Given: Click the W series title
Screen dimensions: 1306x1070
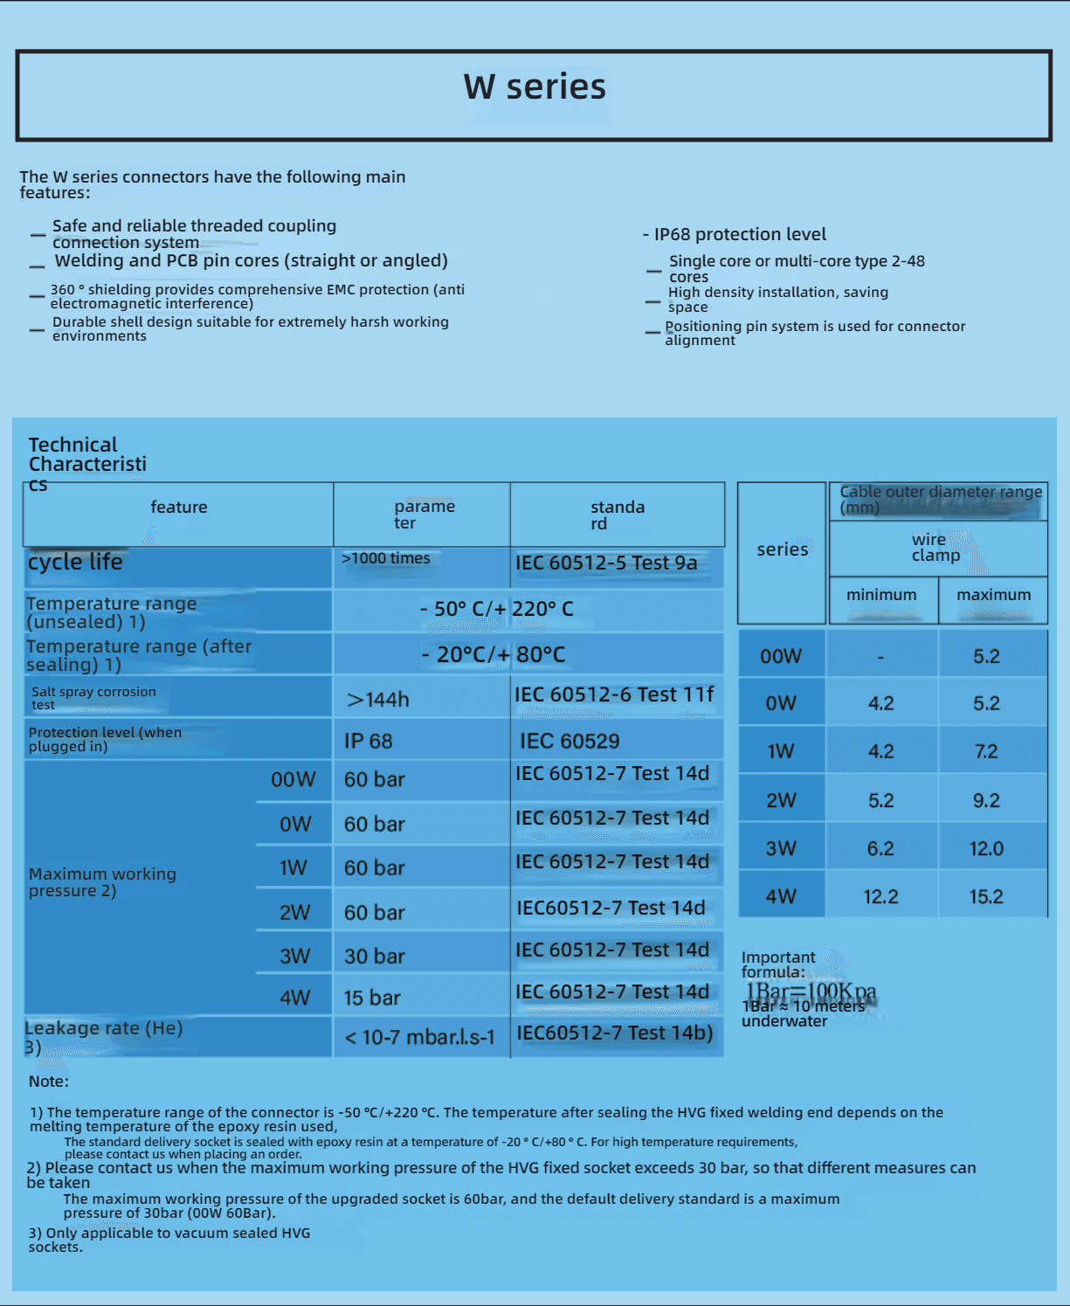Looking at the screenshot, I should pos(535,87).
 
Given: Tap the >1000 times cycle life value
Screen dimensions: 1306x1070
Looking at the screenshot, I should pos(386,558).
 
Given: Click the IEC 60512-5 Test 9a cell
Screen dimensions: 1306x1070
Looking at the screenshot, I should pos(606,563).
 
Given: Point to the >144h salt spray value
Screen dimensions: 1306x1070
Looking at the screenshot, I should pos(377,700).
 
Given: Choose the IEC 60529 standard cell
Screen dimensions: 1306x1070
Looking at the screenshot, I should pos(570,742).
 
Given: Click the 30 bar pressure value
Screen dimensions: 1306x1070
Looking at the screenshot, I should pos(374,957).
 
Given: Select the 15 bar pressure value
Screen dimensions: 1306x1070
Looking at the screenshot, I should pos(372,998).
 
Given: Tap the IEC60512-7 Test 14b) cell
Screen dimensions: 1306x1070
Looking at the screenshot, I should pos(615,1033).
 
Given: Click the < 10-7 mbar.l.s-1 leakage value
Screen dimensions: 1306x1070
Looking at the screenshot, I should pos(419,1038).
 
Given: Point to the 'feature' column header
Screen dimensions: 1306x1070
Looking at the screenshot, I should pos(179,508).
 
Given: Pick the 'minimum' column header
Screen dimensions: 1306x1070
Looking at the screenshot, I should pos(881,595).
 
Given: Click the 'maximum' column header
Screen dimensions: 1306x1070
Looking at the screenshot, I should pos(993,595).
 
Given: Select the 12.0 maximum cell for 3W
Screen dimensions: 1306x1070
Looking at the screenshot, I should pos(986,849).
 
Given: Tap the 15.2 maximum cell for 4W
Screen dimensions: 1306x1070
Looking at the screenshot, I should pos(986,897).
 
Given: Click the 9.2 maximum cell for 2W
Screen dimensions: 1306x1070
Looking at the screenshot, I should pos(986,801).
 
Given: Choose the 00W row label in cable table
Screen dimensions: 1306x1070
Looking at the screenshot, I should pos(781,657).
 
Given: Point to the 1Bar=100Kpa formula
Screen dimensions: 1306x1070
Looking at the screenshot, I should pos(811,992).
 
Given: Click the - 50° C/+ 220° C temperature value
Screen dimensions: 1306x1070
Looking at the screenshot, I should pos(497,609).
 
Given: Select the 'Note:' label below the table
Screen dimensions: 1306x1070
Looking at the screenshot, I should pos(49,1081).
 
